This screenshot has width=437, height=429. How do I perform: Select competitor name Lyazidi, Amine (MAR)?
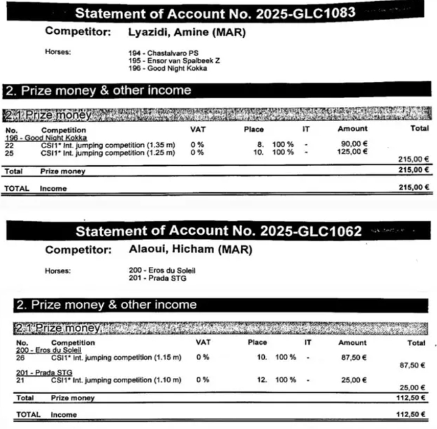point(186,33)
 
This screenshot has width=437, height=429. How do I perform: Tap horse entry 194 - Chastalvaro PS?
point(163,53)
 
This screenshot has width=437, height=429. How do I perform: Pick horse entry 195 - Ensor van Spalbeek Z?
point(174,60)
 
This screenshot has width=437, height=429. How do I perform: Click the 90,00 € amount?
point(354,145)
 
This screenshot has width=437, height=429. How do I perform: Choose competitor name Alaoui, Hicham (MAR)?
point(189,251)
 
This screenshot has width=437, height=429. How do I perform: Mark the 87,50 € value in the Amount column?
point(354,358)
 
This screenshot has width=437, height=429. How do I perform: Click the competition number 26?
point(21,358)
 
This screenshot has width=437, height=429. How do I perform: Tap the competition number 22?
point(10,145)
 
